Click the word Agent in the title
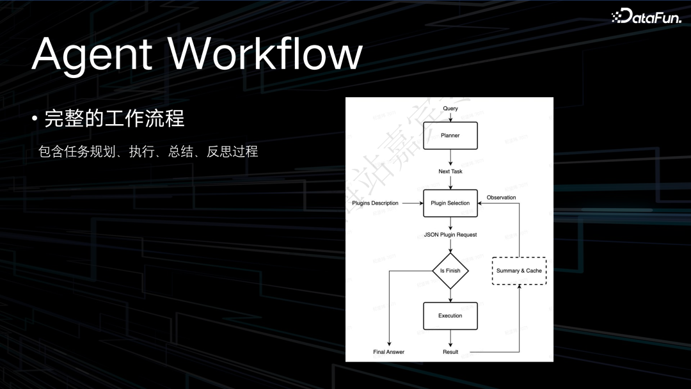coord(91,54)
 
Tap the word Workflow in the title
coord(265,54)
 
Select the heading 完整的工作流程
coord(115,118)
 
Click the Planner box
coord(450,136)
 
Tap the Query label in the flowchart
coord(450,109)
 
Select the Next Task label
coord(450,171)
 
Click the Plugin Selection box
coord(450,203)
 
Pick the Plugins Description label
coord(375,203)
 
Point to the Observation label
coord(501,198)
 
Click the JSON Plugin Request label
coord(450,235)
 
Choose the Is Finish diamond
coord(450,271)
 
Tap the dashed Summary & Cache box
coord(519,271)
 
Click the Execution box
coord(450,316)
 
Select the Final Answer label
coord(389,352)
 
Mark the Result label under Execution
coord(450,352)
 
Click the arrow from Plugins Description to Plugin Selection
coord(411,203)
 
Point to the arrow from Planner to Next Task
coord(450,157)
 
